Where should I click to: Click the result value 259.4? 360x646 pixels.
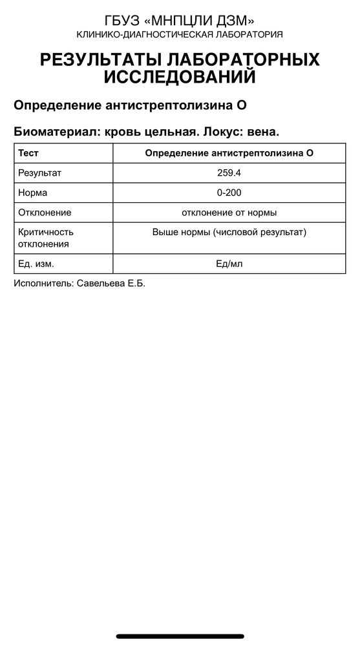(x=229, y=173)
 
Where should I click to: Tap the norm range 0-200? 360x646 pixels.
(x=229, y=193)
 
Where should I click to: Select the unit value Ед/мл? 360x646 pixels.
(x=229, y=264)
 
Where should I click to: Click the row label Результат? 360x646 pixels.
(x=39, y=173)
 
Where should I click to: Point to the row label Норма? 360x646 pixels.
(x=33, y=193)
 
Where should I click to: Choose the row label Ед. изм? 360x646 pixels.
(x=36, y=264)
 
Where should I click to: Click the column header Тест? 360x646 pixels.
(x=28, y=153)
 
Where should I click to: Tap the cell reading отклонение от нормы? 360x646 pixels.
(x=229, y=212)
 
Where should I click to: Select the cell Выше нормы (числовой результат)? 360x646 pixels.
(x=229, y=232)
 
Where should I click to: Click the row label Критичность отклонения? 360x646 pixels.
(x=46, y=238)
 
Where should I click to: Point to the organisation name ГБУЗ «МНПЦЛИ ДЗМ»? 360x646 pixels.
(x=180, y=21)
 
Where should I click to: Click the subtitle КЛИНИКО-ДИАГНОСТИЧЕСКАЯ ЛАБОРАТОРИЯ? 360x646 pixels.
(x=180, y=34)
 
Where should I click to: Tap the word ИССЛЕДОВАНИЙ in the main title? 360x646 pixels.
(x=180, y=78)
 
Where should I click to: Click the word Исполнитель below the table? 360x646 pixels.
(x=43, y=284)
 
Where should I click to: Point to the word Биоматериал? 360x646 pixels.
(x=53, y=131)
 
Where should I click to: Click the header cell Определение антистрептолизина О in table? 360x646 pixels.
(x=229, y=153)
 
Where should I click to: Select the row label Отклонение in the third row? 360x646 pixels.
(x=45, y=212)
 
